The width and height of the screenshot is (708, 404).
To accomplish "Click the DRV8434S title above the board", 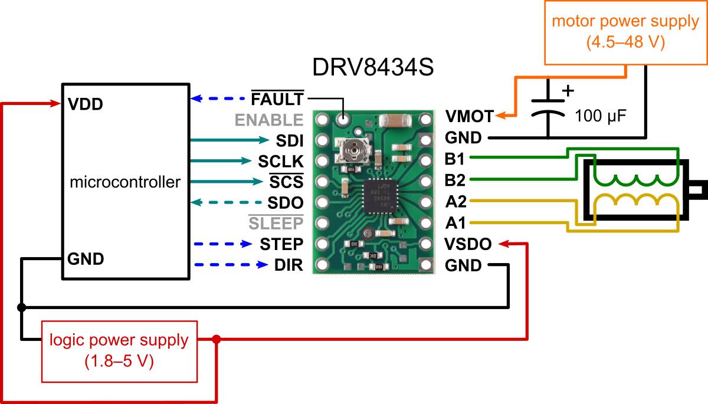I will [373, 68].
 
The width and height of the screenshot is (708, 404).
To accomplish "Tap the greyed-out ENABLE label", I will [269, 120].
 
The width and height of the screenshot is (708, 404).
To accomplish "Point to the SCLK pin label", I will [280, 161].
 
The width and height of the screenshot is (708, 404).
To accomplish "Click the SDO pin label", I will [285, 203].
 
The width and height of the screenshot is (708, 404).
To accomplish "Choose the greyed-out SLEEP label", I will [275, 224].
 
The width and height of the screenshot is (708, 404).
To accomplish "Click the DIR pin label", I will [289, 265].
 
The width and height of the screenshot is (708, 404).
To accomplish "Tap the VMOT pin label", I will [469, 116].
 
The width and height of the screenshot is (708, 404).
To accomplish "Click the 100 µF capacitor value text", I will [601, 116].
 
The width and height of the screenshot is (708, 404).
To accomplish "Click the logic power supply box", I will [119, 350].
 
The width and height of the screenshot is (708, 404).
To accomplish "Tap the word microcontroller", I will [125, 182].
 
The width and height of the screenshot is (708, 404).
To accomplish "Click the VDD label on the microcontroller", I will [86, 104].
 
